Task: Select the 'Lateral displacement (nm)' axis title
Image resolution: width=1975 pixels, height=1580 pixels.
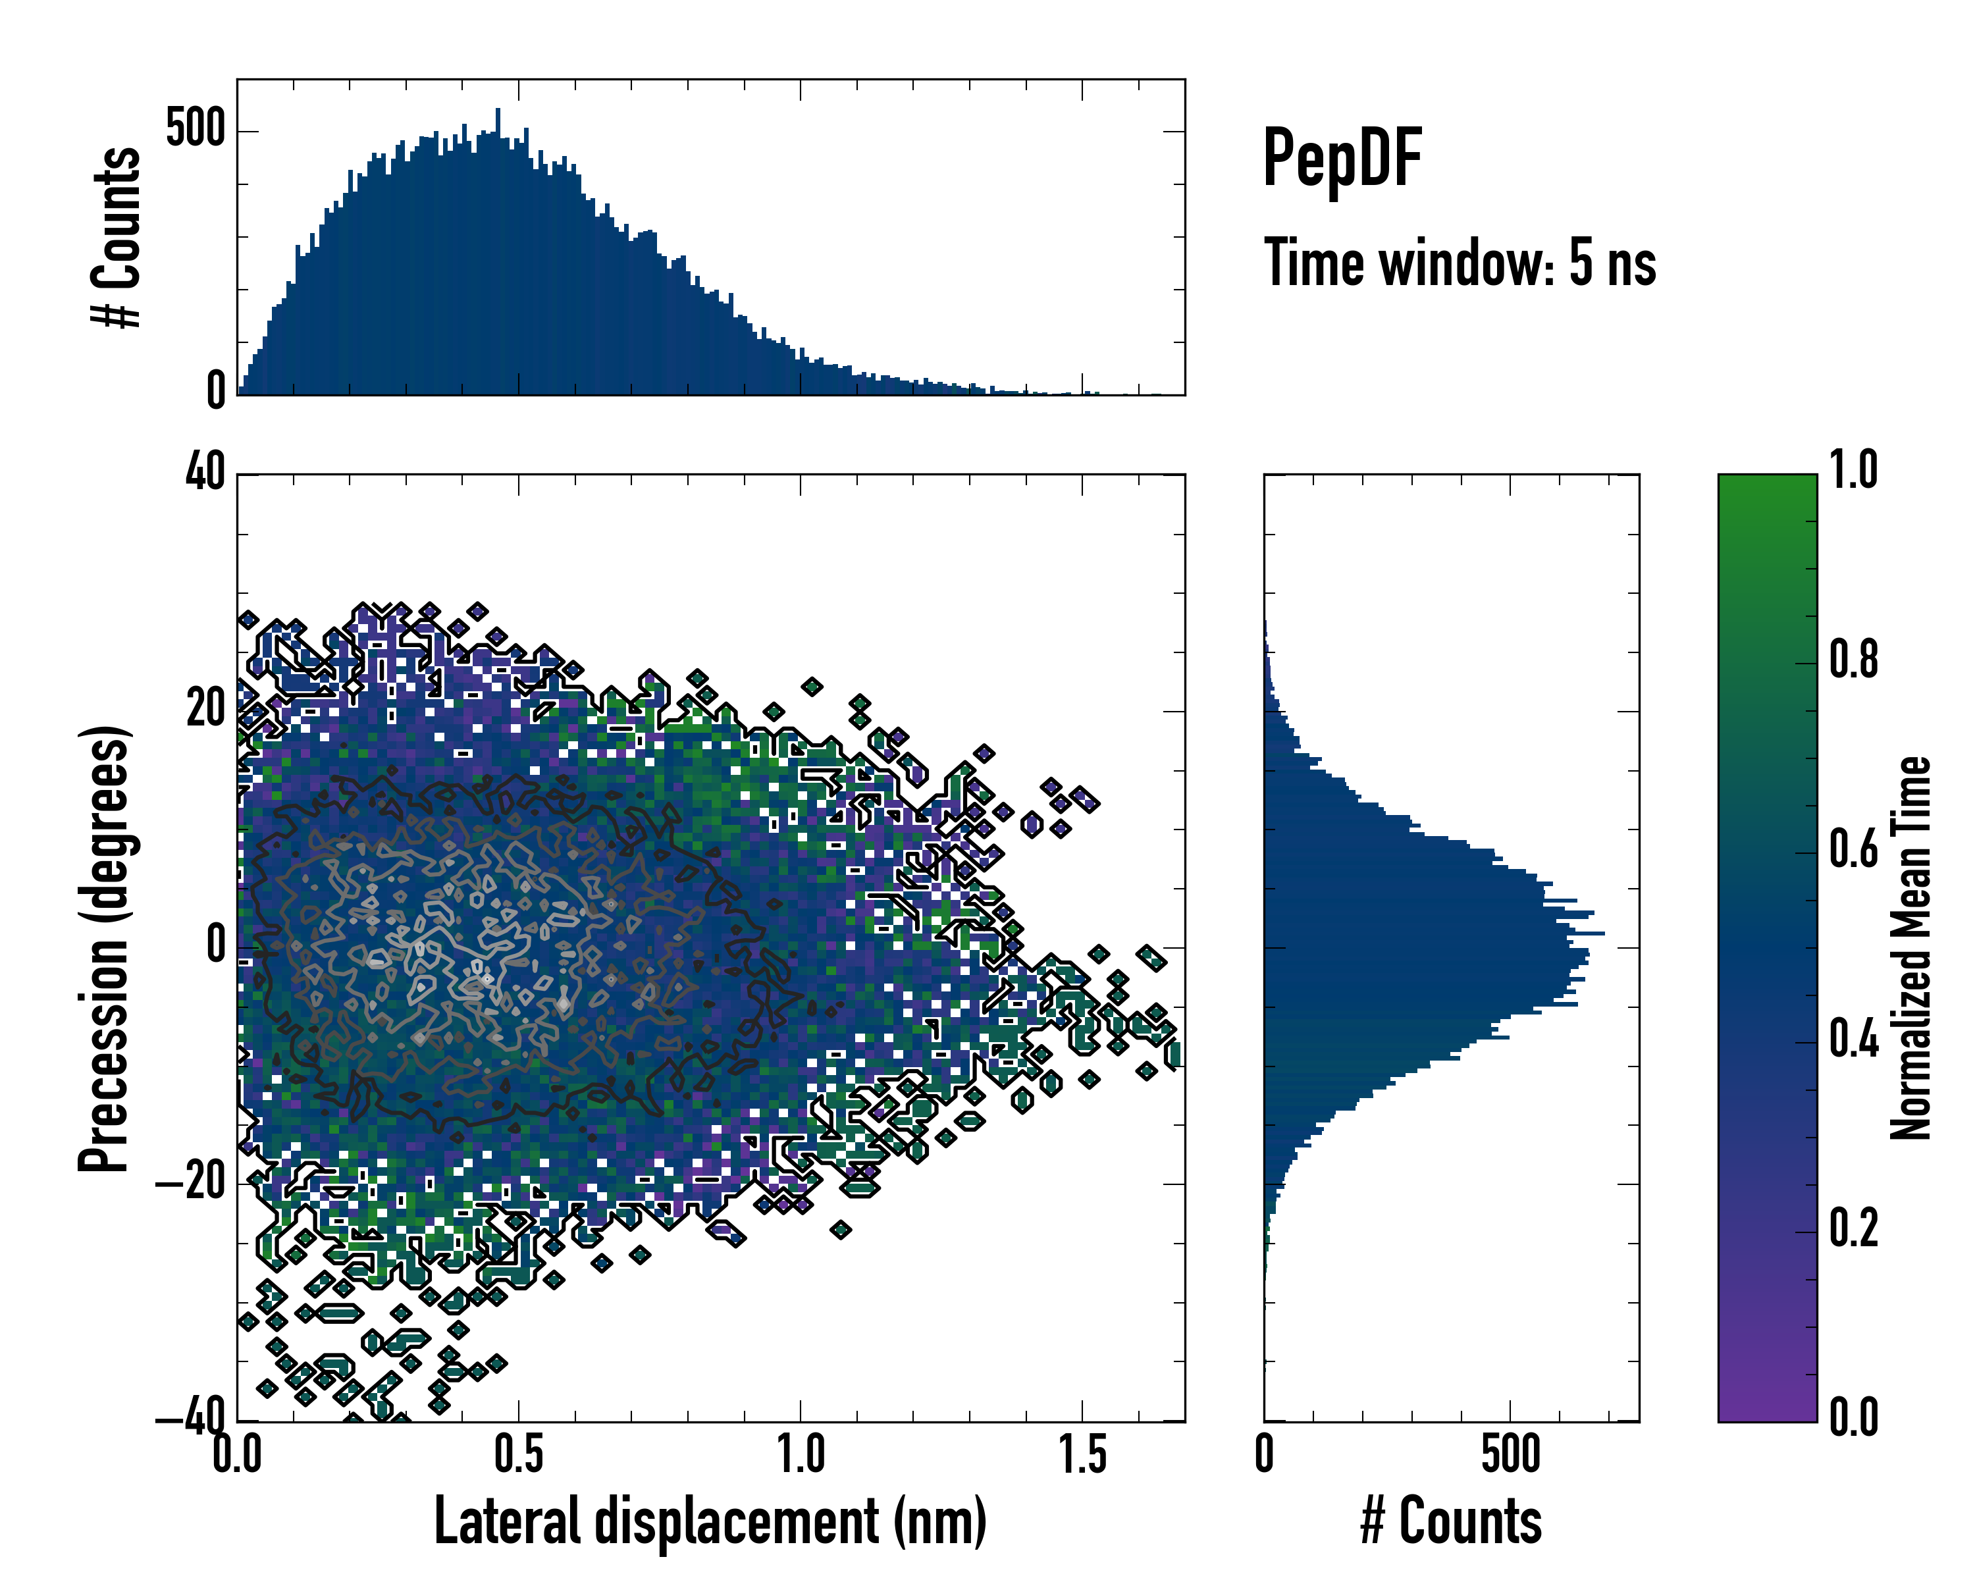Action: [x=710, y=1521]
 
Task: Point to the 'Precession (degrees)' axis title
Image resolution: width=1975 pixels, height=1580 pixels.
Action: [x=103, y=948]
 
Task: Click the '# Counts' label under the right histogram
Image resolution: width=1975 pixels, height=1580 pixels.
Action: [x=1451, y=1521]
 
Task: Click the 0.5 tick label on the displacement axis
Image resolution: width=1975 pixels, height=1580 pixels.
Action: [x=519, y=1454]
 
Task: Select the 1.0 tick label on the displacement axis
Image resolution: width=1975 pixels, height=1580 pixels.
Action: [x=801, y=1454]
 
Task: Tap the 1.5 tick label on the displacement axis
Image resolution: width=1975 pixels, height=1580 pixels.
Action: [x=1083, y=1454]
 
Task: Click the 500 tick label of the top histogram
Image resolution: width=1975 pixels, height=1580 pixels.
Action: [x=195, y=128]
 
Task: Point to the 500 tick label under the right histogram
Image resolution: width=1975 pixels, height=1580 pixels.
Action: [x=1511, y=1454]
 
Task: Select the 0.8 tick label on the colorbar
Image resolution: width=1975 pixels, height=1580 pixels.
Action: [x=1853, y=660]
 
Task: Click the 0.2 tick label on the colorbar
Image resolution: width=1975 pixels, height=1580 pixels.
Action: [x=1853, y=1229]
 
